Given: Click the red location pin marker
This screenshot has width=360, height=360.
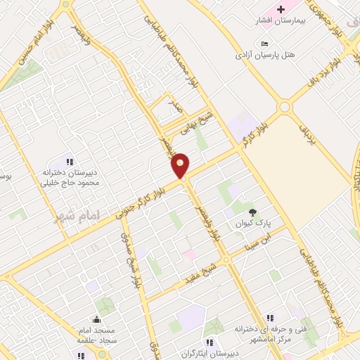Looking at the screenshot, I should point(181,165).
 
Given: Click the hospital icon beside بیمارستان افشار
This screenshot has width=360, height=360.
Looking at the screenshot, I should point(281,9).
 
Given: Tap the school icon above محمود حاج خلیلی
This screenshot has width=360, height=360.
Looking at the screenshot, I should point(70,162).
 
